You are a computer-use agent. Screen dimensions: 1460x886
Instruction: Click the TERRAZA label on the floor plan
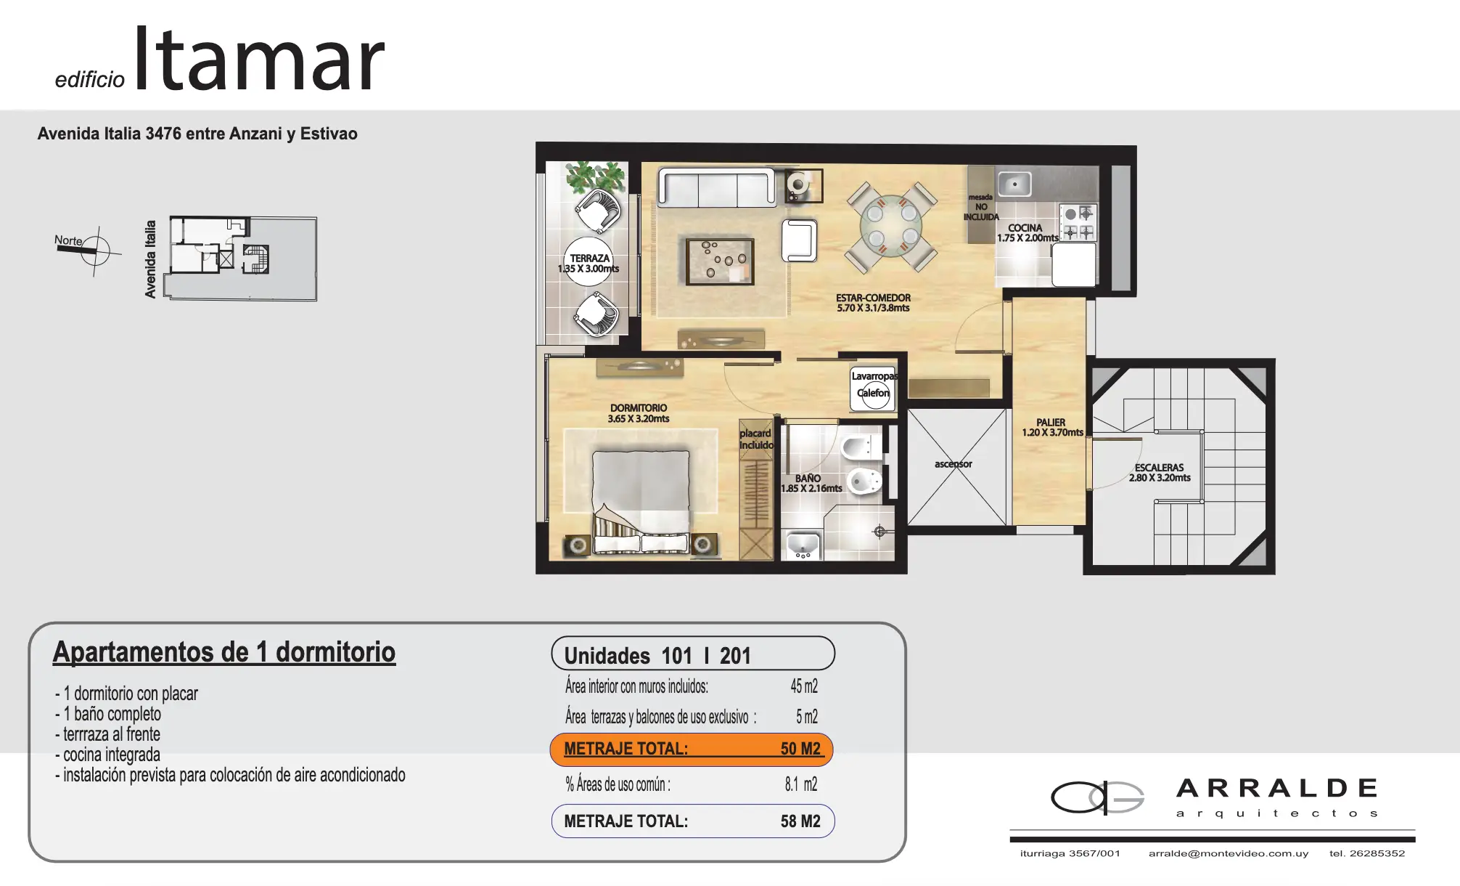pos(589,259)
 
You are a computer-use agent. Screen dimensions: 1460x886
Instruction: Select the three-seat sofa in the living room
pos(717,187)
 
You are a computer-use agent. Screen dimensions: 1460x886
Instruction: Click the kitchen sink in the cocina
pos(1014,184)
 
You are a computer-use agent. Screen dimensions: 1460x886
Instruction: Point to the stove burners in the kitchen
pos(1078,222)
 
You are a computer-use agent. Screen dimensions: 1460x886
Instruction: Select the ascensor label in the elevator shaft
pos(953,463)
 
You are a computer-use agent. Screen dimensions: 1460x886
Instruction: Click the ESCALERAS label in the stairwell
pos(1159,468)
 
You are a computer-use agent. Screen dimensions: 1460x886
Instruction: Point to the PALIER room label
pos(1051,422)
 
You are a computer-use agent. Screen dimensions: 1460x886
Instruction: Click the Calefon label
pos(873,393)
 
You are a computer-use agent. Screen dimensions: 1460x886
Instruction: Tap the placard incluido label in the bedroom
pos(756,439)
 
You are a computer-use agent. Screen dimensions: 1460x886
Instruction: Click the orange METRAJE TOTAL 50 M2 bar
pos(692,749)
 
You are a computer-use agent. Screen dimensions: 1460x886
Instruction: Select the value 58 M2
pos(800,821)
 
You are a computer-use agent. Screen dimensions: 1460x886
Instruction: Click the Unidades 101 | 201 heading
pos(657,656)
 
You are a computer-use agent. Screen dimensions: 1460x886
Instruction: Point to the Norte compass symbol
pos(94,251)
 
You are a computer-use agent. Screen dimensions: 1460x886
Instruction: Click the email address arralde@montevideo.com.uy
pos(1229,853)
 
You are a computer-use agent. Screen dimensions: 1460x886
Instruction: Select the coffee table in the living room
pos(720,261)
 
